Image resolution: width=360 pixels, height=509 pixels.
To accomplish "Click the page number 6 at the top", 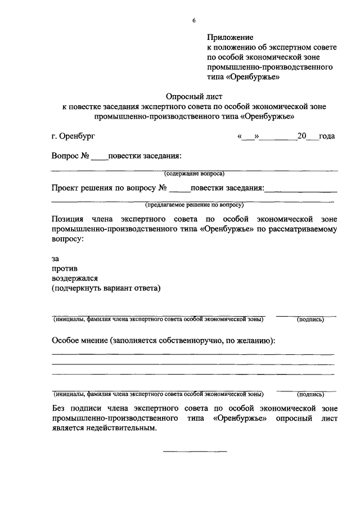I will (x=194, y=21).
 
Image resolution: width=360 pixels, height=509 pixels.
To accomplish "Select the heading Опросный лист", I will (x=193, y=96).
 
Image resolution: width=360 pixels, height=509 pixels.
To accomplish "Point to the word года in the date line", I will (x=327, y=137).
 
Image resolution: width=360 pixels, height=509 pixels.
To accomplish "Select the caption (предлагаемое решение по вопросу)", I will (x=194, y=205).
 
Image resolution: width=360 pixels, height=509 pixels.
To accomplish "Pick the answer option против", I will (x=65, y=268).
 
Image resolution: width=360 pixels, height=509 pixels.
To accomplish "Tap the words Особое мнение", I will (x=80, y=341).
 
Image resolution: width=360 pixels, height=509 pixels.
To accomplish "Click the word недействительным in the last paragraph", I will (x=120, y=428).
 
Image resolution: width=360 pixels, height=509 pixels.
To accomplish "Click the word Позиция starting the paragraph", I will (x=67, y=219).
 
